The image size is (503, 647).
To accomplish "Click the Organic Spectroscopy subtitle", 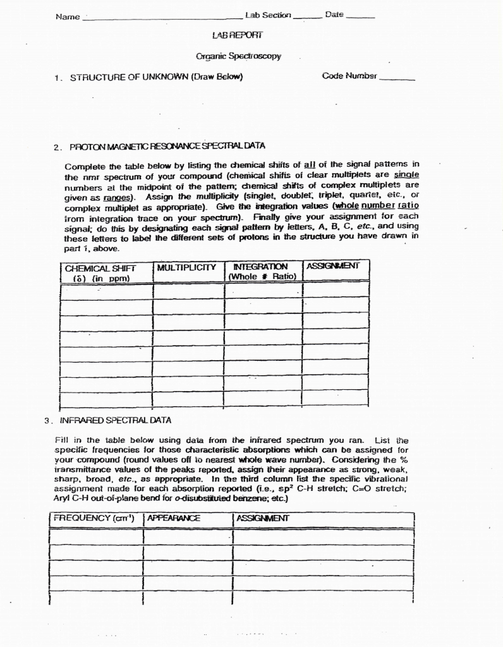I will coord(238,56).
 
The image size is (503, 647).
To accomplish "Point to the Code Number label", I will coord(349,76).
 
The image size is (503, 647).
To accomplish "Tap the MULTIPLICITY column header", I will coord(186,267).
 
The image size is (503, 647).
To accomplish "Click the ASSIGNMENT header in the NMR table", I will coord(332,266).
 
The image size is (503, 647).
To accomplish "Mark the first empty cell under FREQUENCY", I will coord(95,536).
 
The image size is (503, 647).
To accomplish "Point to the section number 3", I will coord(47,420).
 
